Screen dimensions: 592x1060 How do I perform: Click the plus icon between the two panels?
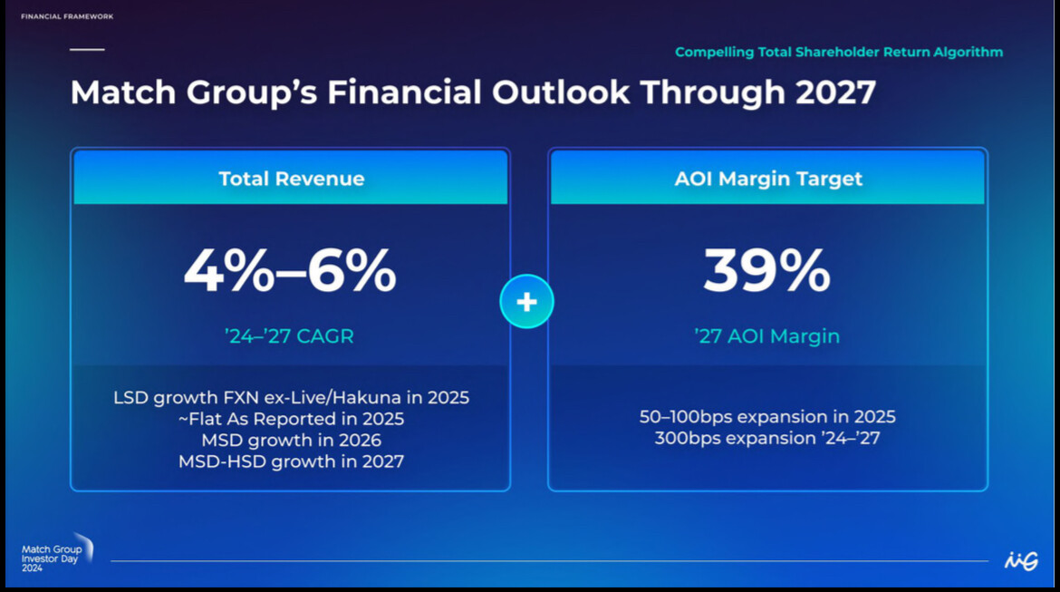[x=526, y=301]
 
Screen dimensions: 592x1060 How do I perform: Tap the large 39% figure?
[x=766, y=270]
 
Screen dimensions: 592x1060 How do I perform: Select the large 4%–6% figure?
[x=290, y=270]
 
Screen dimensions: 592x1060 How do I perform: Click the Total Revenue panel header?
[x=291, y=179]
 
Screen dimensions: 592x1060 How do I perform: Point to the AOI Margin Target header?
[x=767, y=179]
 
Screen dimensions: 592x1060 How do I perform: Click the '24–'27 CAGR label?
[x=289, y=336]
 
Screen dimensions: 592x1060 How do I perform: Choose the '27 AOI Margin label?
[x=766, y=336]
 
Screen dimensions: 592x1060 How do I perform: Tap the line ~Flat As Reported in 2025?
[x=291, y=420]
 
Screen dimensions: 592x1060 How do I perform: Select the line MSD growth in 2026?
[x=291, y=441]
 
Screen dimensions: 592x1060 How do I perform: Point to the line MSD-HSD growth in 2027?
[x=291, y=461]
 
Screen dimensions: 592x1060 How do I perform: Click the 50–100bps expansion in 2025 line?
[x=767, y=417]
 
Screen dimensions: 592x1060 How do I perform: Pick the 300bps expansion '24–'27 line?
[x=767, y=439]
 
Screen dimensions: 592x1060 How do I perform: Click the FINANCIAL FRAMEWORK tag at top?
[x=67, y=16]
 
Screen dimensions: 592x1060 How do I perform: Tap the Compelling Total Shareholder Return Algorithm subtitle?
[x=839, y=53]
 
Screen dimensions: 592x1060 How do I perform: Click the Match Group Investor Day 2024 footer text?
[x=52, y=558]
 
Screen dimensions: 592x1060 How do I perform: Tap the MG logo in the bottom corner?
[x=1020, y=561]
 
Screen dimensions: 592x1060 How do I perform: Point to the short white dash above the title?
[x=87, y=49]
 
